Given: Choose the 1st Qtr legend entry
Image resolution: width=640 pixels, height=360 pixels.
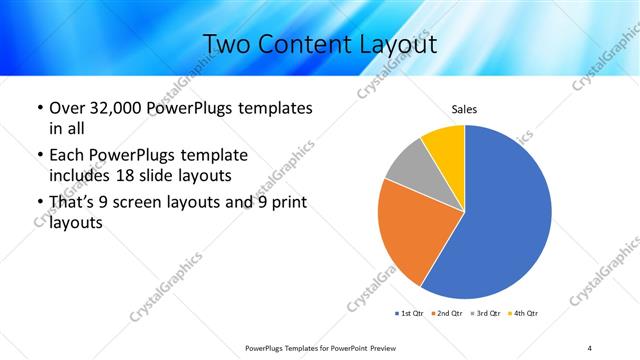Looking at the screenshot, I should point(411,314).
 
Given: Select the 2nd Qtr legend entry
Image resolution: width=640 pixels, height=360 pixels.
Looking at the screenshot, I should point(447,314).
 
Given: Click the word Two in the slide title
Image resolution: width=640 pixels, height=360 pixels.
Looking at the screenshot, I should point(227,44).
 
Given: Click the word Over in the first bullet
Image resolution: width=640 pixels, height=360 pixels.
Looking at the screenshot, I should point(67,108).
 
